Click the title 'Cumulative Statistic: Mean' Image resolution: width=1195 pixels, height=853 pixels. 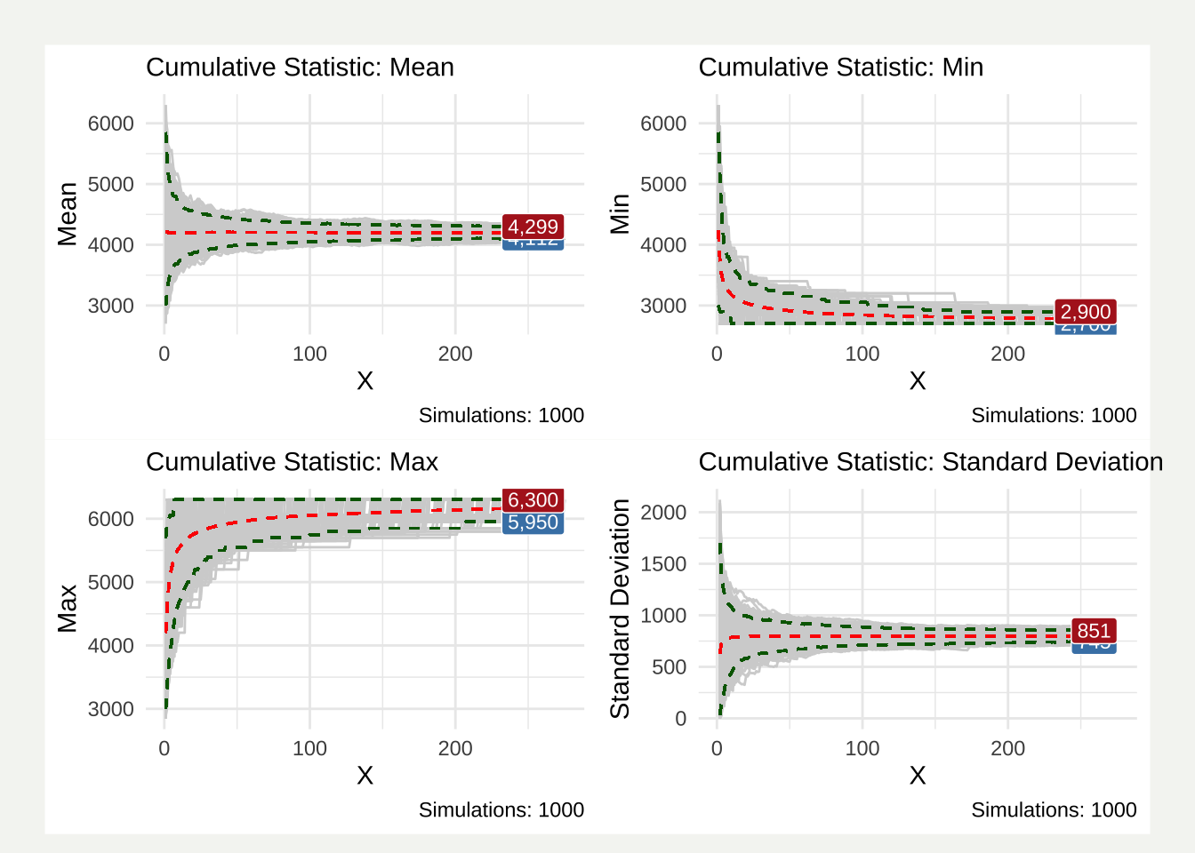[x=300, y=68]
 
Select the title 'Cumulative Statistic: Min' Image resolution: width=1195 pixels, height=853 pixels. [x=840, y=68]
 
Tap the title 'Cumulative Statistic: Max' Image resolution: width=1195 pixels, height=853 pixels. [x=292, y=462]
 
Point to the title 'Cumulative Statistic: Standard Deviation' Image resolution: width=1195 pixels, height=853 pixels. [x=930, y=462]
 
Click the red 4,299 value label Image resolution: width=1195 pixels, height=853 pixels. [x=533, y=227]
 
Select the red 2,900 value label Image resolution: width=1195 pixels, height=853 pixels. [x=1086, y=312]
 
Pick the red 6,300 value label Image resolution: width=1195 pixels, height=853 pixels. [x=533, y=499]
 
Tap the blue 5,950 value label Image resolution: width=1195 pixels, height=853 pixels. [x=533, y=522]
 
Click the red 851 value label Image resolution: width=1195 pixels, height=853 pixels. [x=1094, y=631]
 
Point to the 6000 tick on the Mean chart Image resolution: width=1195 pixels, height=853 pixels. [x=110, y=124]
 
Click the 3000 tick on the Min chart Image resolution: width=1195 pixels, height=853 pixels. [x=663, y=306]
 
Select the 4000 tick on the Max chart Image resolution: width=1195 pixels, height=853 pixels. [x=110, y=646]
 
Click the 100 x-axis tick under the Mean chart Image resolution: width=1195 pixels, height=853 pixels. [x=309, y=354]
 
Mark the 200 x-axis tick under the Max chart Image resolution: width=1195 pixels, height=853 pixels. [x=455, y=748]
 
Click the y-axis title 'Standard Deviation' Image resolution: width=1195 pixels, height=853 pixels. [x=620, y=609]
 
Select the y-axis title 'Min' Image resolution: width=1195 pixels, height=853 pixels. [x=620, y=214]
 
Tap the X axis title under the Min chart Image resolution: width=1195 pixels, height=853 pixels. [x=918, y=380]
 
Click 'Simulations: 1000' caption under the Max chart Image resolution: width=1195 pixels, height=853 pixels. [x=501, y=809]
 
